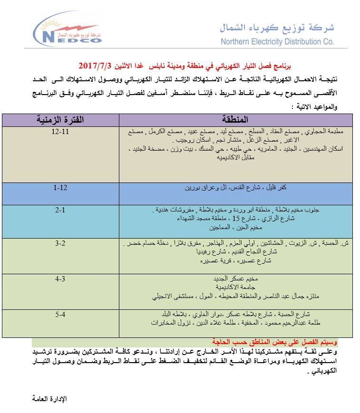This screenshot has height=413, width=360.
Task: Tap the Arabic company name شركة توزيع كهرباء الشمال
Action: (x=277, y=27)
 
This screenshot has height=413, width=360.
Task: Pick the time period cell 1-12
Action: (x=60, y=188)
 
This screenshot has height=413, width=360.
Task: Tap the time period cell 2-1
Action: (x=60, y=210)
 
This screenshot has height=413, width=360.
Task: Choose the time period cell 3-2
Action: (x=60, y=243)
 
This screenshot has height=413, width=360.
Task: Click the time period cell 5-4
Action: (x=60, y=314)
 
